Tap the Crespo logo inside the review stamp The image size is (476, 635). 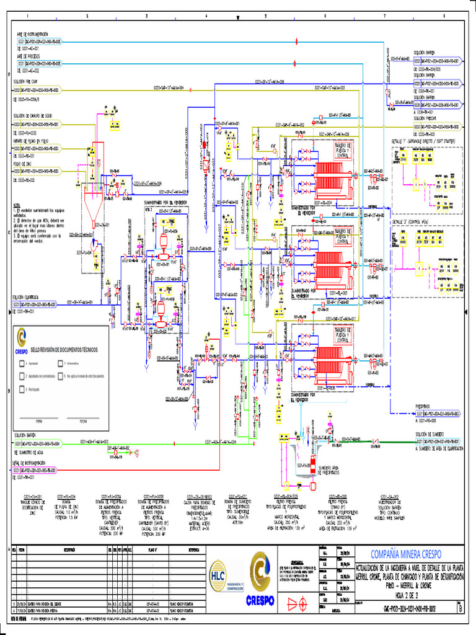(22, 339)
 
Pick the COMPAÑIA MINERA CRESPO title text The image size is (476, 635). (407, 554)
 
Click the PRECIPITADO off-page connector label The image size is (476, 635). (427, 407)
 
